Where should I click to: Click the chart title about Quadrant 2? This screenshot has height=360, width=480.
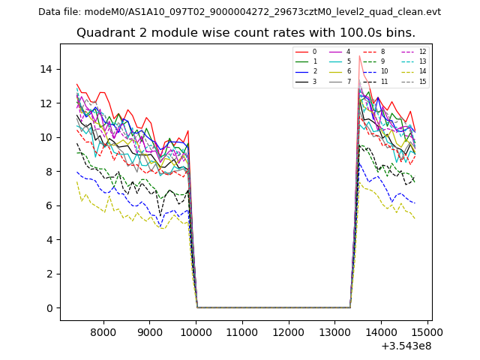(246, 33)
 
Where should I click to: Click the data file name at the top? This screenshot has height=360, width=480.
(239, 12)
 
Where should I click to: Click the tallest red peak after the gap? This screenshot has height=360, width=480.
(359, 56)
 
